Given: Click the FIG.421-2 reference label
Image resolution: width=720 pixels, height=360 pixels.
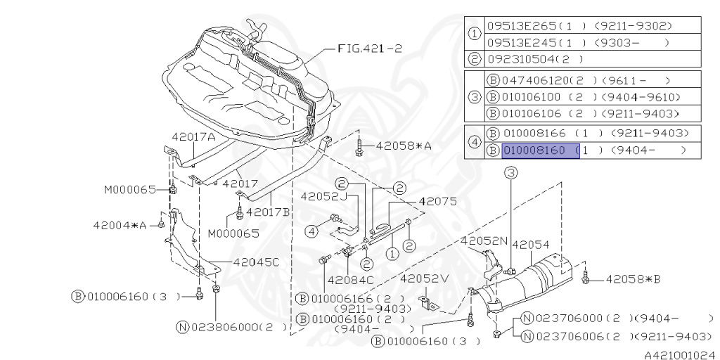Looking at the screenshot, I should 370,49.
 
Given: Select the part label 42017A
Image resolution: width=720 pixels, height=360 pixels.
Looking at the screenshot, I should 193,137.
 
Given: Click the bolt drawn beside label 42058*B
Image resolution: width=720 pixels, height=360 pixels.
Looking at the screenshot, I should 586,278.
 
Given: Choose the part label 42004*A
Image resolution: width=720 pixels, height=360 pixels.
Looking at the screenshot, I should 119,225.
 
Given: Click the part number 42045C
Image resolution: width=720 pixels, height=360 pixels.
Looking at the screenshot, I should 246,262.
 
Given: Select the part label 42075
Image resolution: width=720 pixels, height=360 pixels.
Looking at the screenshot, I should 437,201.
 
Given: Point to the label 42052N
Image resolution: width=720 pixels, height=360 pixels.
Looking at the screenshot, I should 484,240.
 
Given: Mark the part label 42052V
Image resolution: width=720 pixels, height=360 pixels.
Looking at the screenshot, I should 424,278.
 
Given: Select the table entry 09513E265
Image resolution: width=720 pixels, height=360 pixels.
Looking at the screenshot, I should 524,26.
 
